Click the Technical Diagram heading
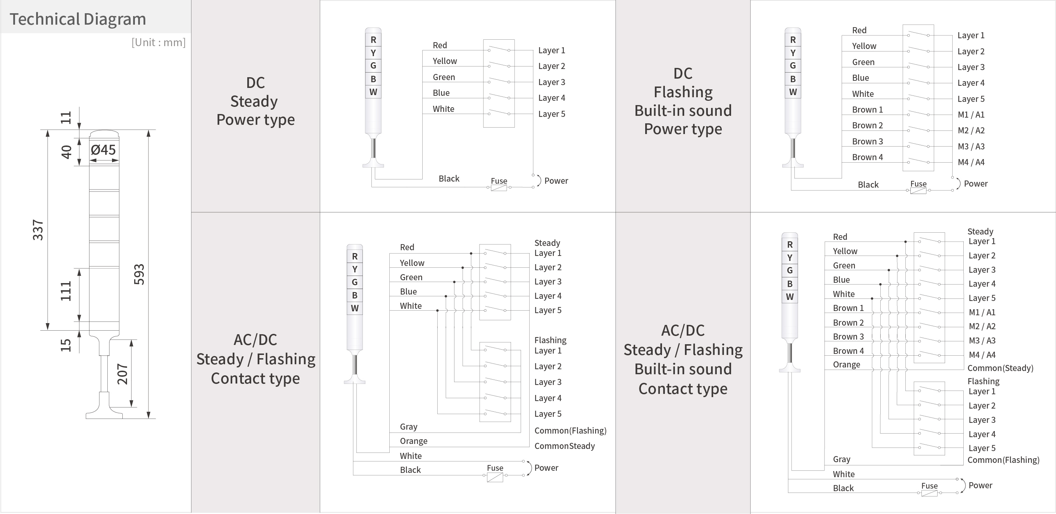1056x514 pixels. [78, 19]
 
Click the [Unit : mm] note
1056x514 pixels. [158, 42]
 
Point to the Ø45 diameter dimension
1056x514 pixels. [103, 150]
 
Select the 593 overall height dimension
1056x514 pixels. [139, 274]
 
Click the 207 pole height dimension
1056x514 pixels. [123, 374]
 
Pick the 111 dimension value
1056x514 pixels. [66, 291]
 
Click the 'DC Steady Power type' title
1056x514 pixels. [255, 101]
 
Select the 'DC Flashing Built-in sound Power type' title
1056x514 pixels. [683, 101]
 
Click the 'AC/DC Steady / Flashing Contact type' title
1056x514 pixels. [256, 359]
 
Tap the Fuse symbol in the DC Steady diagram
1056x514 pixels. [499, 188]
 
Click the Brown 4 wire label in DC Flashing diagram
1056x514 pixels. [867, 157]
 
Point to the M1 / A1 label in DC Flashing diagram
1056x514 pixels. [971, 115]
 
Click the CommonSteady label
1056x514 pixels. [564, 446]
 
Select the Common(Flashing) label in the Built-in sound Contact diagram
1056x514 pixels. [1003, 460]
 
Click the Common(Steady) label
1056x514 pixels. [1000, 368]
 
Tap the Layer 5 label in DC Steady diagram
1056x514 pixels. [551, 114]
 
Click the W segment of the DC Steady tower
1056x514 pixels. [373, 92]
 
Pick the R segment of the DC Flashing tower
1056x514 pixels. [793, 40]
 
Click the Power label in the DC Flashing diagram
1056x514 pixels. [975, 183]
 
